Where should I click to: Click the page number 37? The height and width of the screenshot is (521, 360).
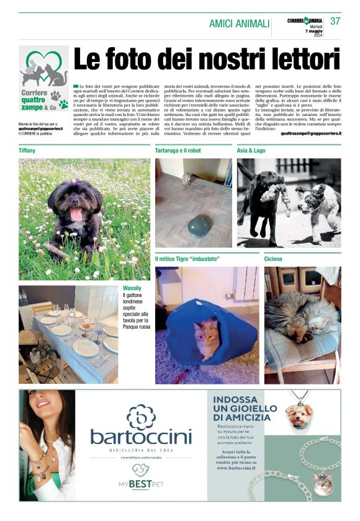pos(335,21)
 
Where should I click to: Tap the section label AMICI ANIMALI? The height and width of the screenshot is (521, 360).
pos(239,24)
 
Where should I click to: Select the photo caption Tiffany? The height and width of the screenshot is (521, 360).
pos(27,151)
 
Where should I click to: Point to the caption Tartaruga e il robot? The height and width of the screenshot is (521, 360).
pos(182,151)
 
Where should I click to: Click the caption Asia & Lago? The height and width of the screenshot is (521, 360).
pos(251,151)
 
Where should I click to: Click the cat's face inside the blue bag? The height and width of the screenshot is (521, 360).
pos(206,336)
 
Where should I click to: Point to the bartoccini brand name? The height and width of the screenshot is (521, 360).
pos(141,436)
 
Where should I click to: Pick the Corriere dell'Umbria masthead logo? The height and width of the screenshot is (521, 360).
pos(304,21)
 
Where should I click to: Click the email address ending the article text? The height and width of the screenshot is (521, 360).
pos(310,133)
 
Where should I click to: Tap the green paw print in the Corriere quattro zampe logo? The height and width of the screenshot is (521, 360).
pos(63,104)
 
